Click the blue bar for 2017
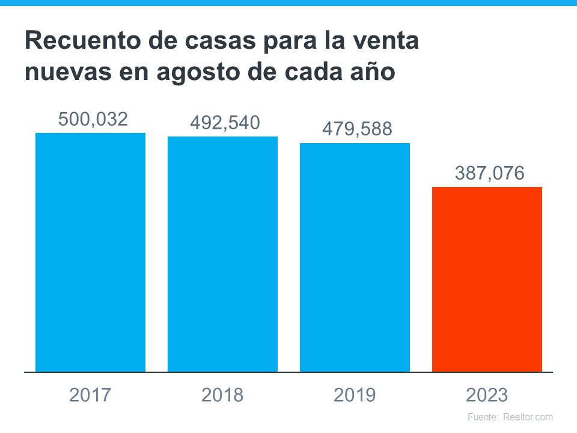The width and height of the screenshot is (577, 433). click(90, 252)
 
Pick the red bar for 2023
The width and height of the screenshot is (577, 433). click(487, 279)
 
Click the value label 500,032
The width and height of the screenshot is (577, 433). click(93, 119)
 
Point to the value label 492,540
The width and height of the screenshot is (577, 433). click(225, 123)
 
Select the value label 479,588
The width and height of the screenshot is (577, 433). click(357, 129)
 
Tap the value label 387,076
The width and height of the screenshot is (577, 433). click(490, 174)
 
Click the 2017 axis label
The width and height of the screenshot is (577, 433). click(90, 395)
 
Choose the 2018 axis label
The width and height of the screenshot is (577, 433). click(222, 395)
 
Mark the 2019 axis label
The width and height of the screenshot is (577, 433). click(355, 395)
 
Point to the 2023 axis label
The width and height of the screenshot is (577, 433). click(487, 395)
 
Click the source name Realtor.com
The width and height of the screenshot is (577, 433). click(528, 417)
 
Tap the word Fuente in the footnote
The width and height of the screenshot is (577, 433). click(482, 417)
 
